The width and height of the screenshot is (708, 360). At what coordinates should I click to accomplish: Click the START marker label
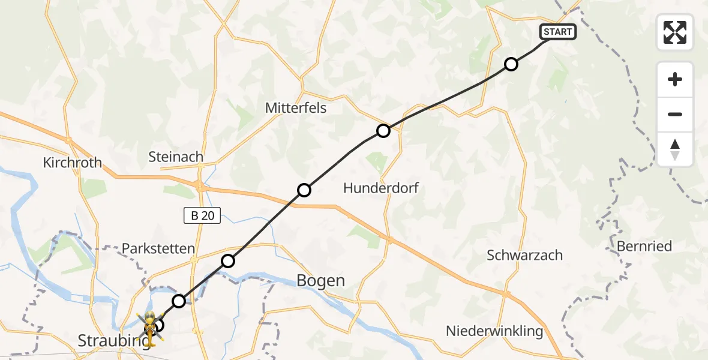click(x=558, y=32)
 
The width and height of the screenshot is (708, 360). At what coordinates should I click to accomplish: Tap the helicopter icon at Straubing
click(x=148, y=327)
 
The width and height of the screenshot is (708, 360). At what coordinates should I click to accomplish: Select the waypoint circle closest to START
click(x=511, y=64)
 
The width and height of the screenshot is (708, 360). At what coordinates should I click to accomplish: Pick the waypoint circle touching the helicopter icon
click(x=158, y=326)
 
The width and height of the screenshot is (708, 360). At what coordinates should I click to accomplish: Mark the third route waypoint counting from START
click(x=304, y=190)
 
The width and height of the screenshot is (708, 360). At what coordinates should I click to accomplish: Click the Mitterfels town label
click(x=295, y=107)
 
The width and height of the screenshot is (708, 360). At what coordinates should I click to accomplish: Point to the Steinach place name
click(x=176, y=157)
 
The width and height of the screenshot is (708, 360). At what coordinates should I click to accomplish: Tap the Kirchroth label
click(x=73, y=163)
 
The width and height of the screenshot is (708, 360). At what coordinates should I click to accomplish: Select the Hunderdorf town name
click(x=380, y=188)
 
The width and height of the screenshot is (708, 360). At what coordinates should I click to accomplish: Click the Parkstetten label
click(x=158, y=248)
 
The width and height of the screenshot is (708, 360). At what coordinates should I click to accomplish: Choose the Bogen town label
click(x=321, y=280)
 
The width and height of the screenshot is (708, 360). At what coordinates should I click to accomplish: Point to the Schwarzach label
click(x=524, y=255)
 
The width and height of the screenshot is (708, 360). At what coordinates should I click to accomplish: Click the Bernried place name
click(x=644, y=246)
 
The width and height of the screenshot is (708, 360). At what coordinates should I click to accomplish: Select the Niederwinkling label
click(x=494, y=331)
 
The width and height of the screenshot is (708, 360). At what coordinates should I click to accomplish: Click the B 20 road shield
click(x=202, y=215)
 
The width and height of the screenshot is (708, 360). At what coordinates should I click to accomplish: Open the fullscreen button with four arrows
click(x=675, y=32)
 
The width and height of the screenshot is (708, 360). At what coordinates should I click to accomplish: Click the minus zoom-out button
click(x=675, y=114)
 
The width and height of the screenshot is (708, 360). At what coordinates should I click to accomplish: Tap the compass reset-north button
click(x=675, y=149)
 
